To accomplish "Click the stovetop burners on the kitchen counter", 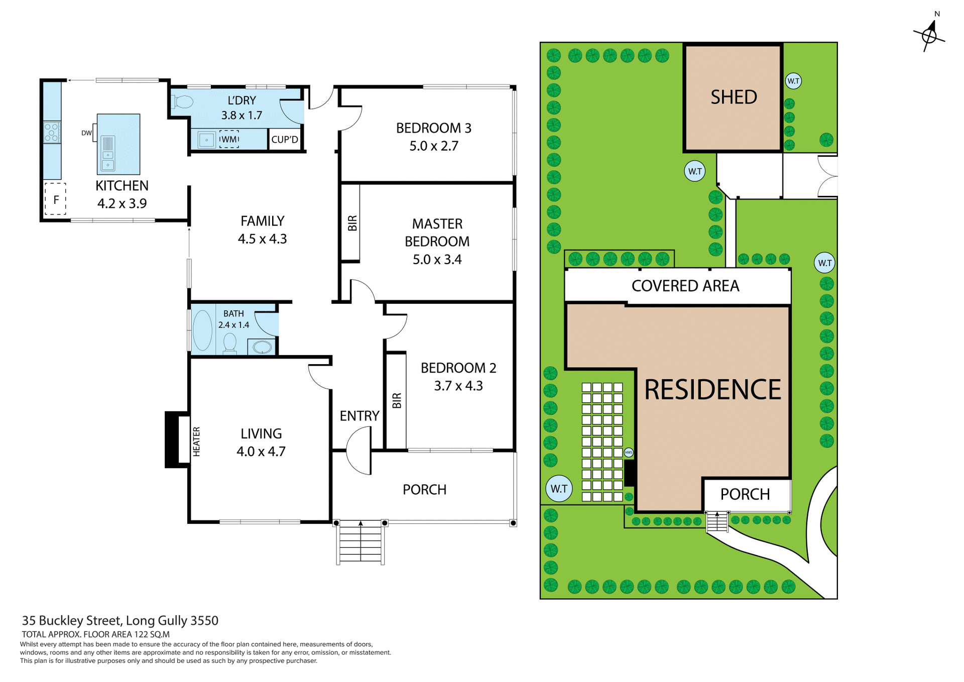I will [x=52, y=133].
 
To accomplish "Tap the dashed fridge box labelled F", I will [x=56, y=199].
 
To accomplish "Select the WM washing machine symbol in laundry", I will [x=229, y=139].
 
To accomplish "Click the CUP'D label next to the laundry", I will [x=285, y=140].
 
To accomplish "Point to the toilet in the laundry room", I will [x=182, y=102].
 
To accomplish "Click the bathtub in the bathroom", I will [x=203, y=330].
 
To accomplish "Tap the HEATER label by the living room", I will [x=196, y=441].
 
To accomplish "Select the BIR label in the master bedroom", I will [x=352, y=222].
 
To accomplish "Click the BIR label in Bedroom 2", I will [x=397, y=400].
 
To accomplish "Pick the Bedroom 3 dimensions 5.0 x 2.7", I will [x=434, y=146].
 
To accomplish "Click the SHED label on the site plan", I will [x=734, y=97].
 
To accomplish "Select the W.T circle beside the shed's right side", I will [x=793, y=81].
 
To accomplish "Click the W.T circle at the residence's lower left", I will [x=559, y=489].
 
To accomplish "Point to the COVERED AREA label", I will [x=685, y=286].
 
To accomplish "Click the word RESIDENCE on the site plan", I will [x=712, y=390].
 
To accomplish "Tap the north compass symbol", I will [x=929, y=35].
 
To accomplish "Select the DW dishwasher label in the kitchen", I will [x=86, y=133].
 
